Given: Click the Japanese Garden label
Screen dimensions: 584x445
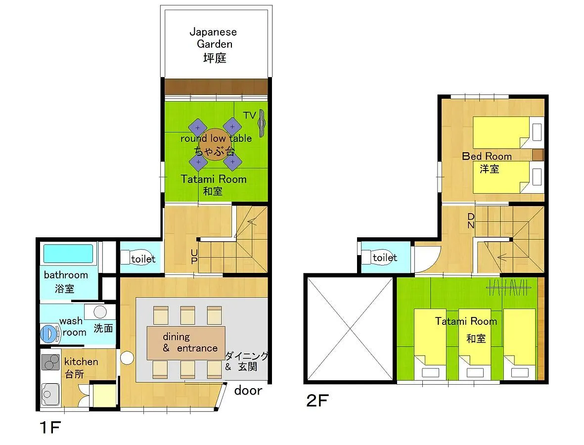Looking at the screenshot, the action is (x=214, y=44).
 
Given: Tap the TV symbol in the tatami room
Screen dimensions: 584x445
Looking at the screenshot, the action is (x=262, y=123).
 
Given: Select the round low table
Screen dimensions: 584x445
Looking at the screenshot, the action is (x=214, y=144).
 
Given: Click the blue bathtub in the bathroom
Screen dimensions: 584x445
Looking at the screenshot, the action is (x=68, y=254).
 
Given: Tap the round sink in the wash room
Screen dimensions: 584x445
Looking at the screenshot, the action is (x=100, y=311).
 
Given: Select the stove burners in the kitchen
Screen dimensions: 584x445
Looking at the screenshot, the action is (x=50, y=362).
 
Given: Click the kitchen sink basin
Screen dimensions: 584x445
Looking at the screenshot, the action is (x=49, y=395).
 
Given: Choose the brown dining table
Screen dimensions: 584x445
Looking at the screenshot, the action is (x=186, y=343).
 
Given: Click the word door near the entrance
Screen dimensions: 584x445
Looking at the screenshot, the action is (x=248, y=390).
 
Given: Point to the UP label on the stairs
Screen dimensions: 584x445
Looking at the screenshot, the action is (x=194, y=257).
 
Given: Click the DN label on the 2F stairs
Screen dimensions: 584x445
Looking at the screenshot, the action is (x=471, y=221).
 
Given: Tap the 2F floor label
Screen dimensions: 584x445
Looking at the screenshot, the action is (x=317, y=400).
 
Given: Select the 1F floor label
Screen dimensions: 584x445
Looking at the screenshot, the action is (x=50, y=428).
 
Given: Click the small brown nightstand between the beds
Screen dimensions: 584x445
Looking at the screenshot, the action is (x=538, y=155).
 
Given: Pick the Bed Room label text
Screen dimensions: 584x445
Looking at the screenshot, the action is (x=487, y=156).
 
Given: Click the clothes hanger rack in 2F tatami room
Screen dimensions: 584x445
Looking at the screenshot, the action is (x=509, y=287).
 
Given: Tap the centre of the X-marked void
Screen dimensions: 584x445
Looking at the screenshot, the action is (x=350, y=329).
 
